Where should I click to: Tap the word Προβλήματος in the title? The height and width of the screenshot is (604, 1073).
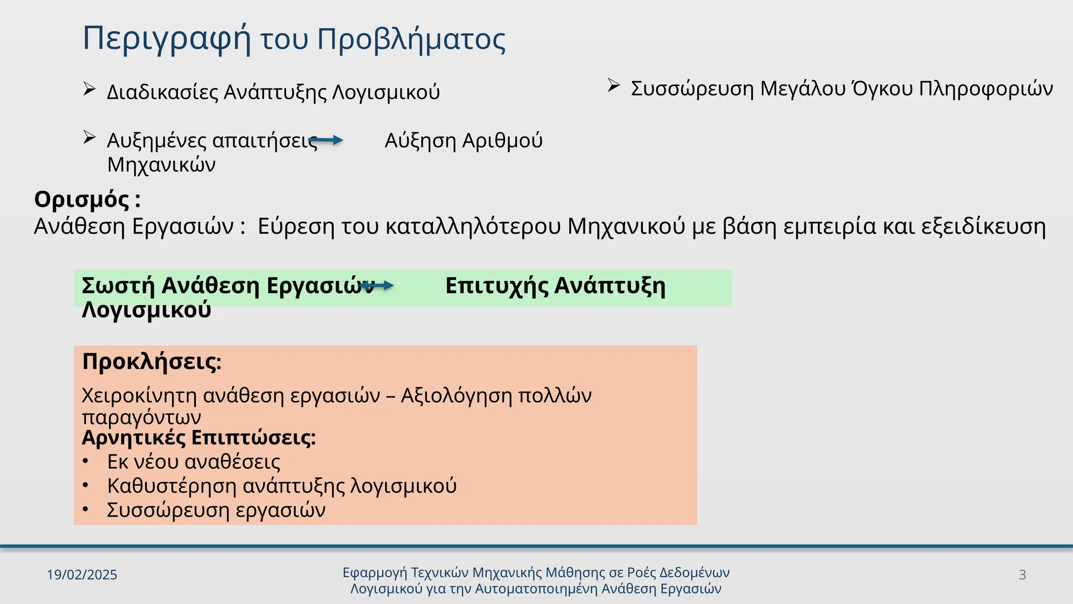411,40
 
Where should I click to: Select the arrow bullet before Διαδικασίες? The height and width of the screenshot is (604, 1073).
89,90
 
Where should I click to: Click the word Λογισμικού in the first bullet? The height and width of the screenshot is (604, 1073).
386,92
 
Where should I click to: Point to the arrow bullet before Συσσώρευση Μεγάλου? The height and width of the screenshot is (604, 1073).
614,85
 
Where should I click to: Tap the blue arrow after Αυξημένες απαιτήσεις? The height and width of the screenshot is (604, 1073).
327,140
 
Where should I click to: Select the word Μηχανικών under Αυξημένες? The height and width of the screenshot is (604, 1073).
161,165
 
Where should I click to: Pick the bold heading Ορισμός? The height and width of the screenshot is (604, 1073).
82,200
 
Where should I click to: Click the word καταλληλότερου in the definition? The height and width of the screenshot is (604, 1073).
473,226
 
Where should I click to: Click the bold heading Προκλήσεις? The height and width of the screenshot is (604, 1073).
151,362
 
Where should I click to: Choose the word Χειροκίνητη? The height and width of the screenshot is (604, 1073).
139,395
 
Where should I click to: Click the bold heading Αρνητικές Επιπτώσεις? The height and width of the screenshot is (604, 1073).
199,438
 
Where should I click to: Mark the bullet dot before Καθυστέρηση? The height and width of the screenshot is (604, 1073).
86,486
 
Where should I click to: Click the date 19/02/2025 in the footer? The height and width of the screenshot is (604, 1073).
82,575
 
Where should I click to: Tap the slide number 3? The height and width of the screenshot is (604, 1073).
1022,575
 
